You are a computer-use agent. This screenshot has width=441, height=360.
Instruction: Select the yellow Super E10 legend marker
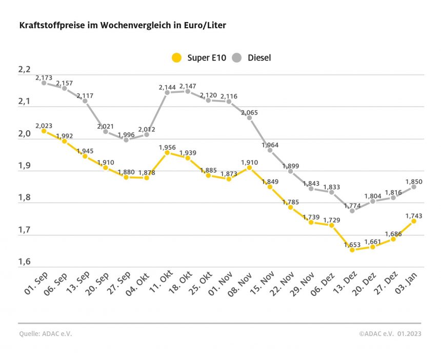click(x=176, y=57)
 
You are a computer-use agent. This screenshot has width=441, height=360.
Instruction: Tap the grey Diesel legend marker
click(x=237, y=57)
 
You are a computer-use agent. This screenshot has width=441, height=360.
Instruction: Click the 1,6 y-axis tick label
click(x=25, y=263)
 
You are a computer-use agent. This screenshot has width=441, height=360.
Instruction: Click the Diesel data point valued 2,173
click(x=44, y=83)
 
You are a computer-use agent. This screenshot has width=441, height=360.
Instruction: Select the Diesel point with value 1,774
click(x=352, y=211)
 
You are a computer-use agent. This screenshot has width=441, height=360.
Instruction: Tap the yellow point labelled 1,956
click(x=167, y=152)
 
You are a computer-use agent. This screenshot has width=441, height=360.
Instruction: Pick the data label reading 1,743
click(x=414, y=215)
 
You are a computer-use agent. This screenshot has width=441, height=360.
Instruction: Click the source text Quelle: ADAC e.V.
click(x=45, y=333)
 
